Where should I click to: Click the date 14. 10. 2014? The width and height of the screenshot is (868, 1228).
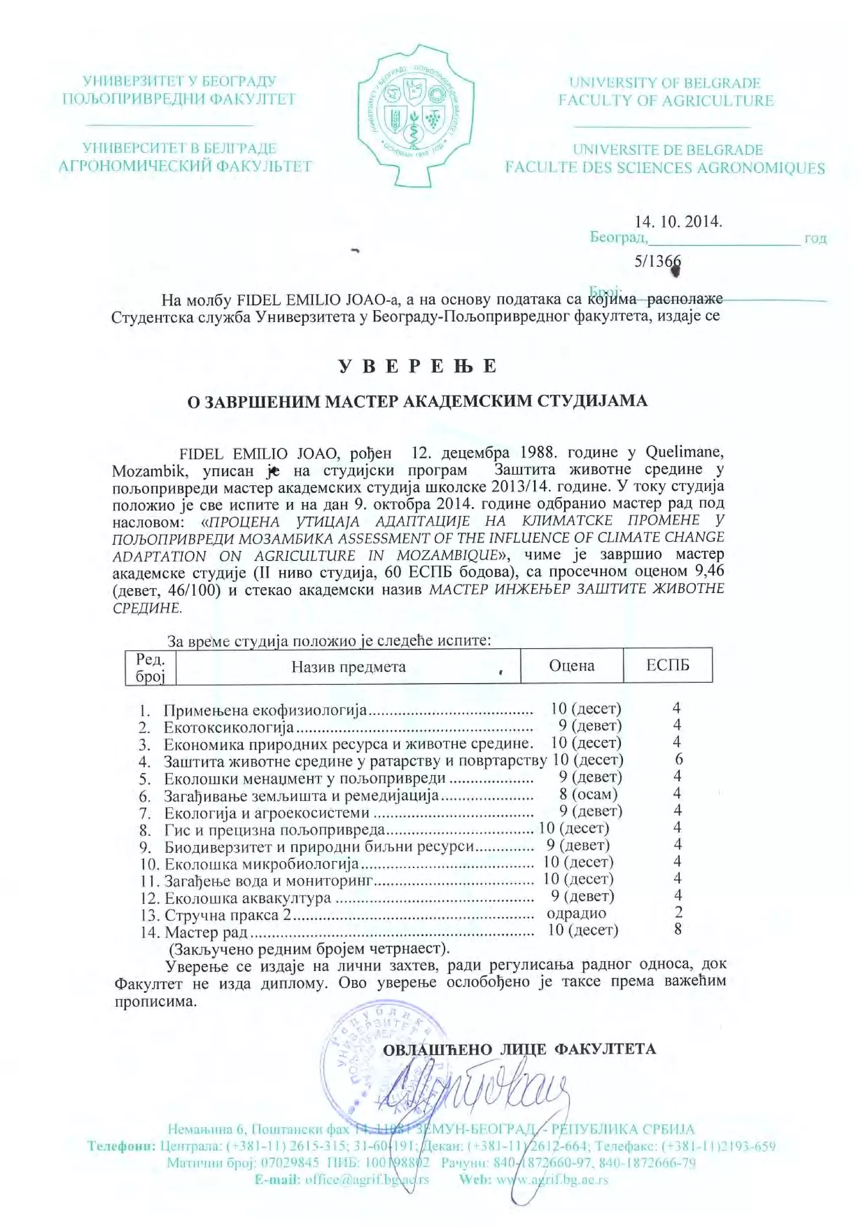click(678, 222)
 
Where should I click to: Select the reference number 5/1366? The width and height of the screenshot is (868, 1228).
click(657, 261)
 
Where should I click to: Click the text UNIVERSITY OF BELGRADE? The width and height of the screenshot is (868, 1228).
click(665, 83)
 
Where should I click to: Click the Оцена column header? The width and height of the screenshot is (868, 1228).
click(571, 665)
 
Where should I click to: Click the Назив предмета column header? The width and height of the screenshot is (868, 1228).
click(348, 667)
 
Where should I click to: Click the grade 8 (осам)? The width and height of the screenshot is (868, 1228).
click(588, 794)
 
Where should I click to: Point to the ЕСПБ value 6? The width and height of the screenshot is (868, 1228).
click(679, 759)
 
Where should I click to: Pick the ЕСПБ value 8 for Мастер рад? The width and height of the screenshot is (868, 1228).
click(678, 929)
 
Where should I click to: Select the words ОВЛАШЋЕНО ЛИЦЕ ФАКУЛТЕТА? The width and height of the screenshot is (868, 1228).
click(519, 1048)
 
